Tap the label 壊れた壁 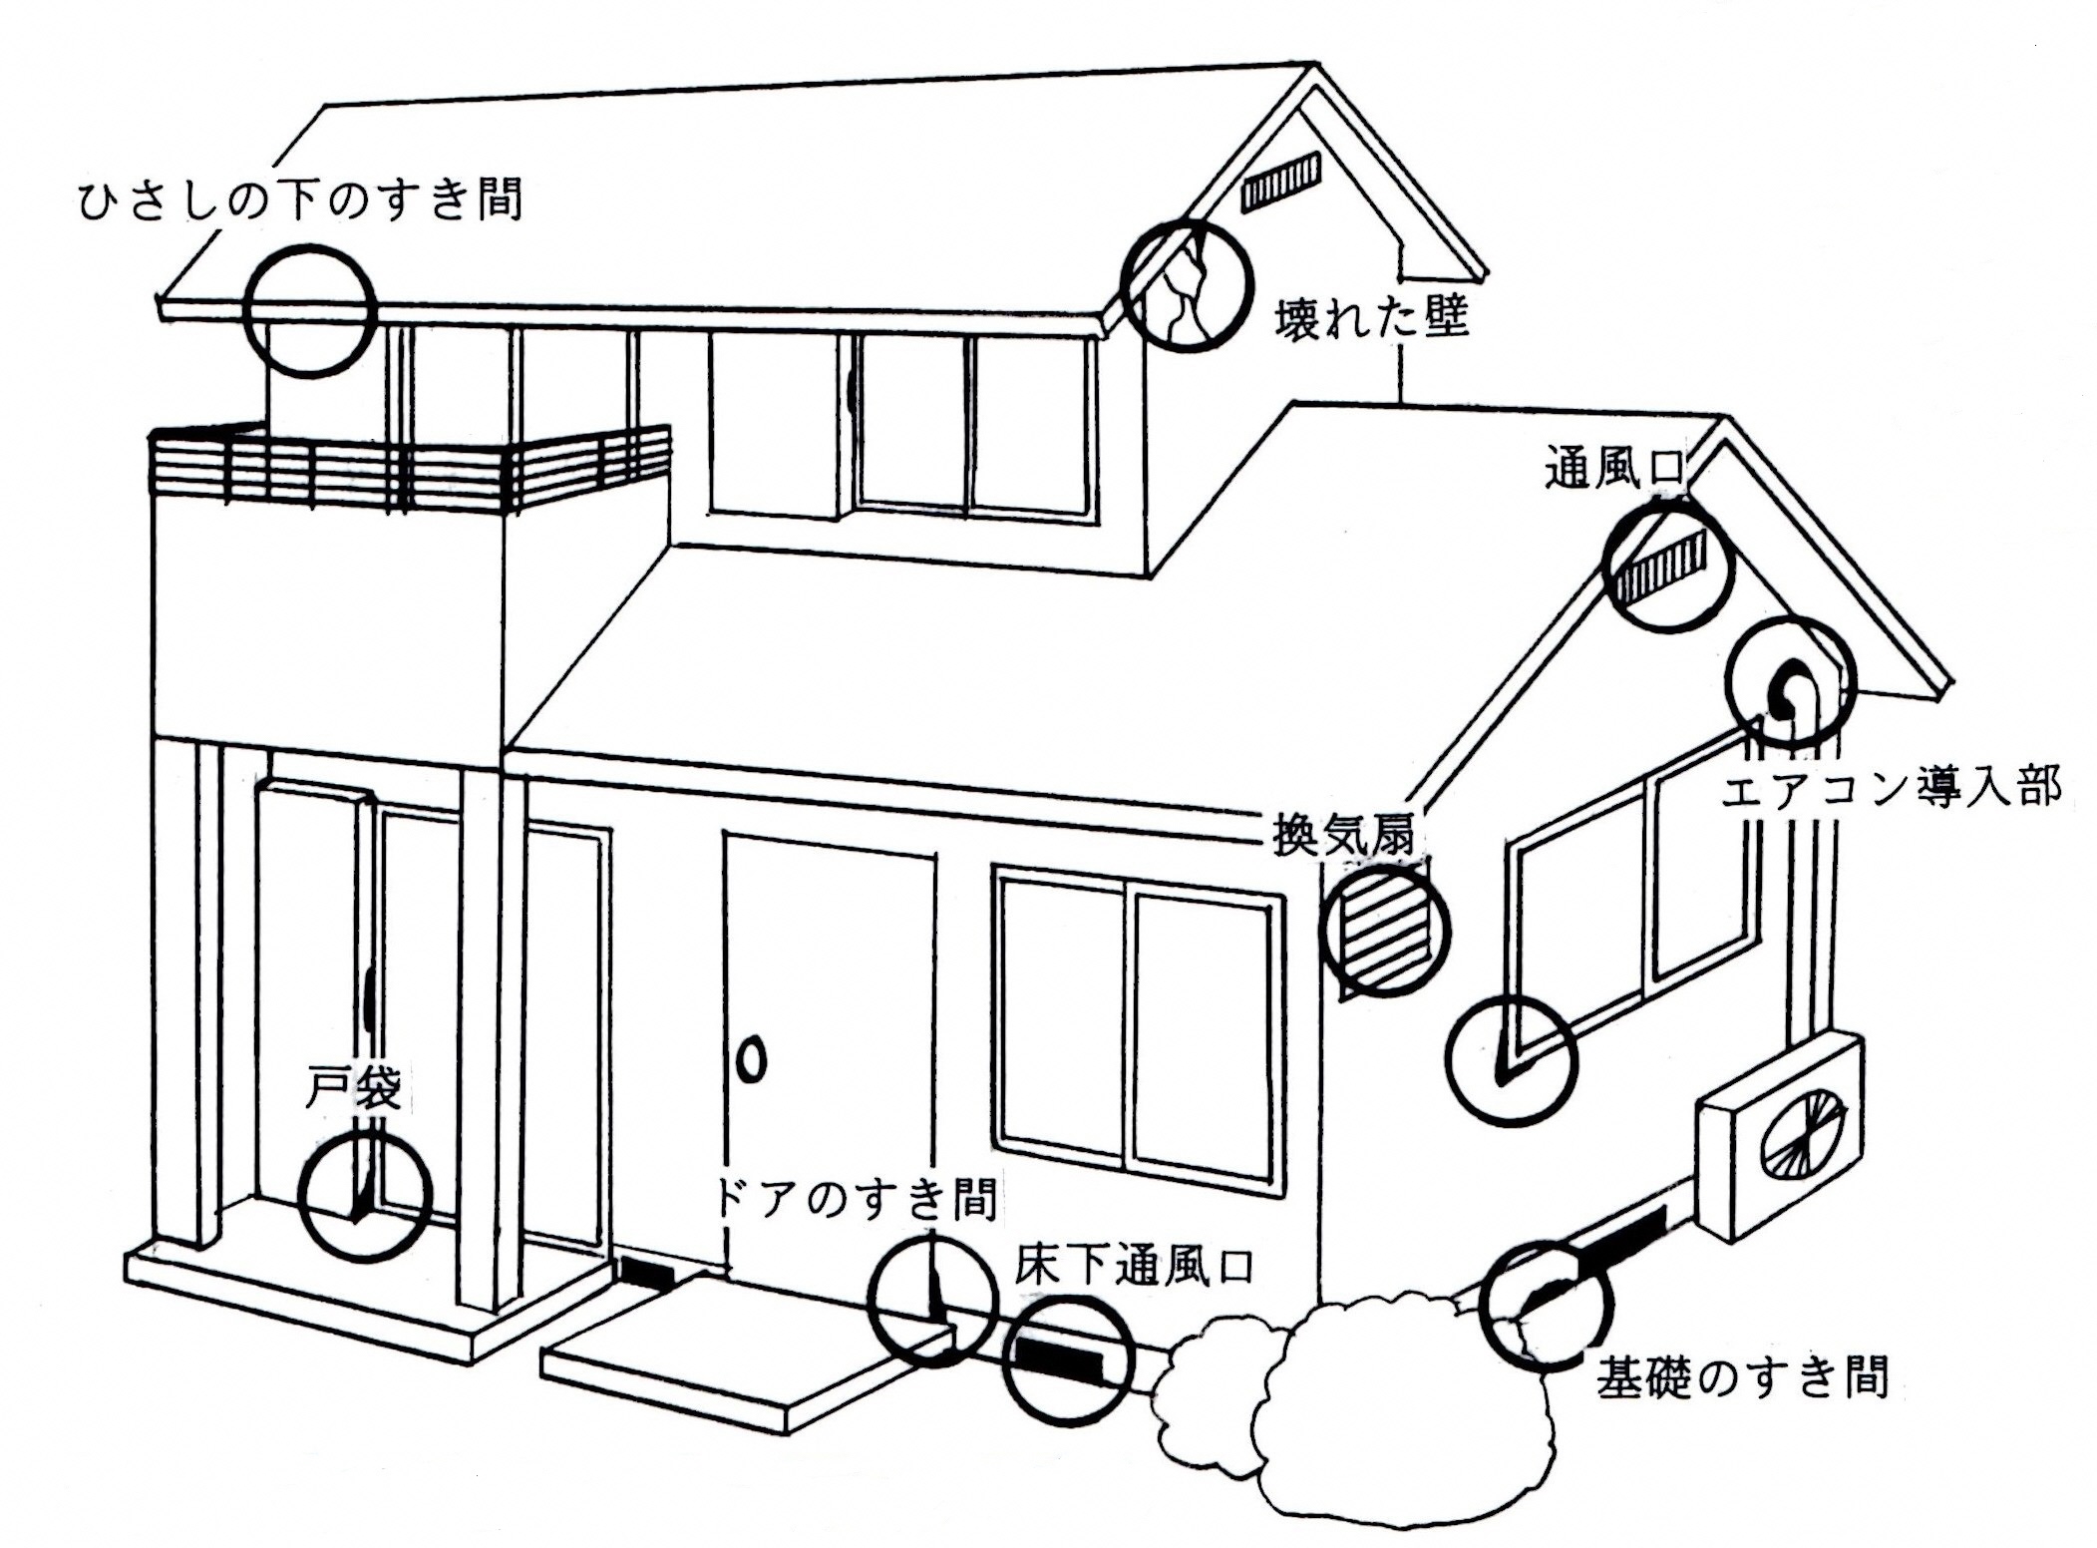point(1372,320)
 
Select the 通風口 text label point(1614,469)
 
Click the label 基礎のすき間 point(1742,1377)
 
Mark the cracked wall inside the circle point(1184,289)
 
